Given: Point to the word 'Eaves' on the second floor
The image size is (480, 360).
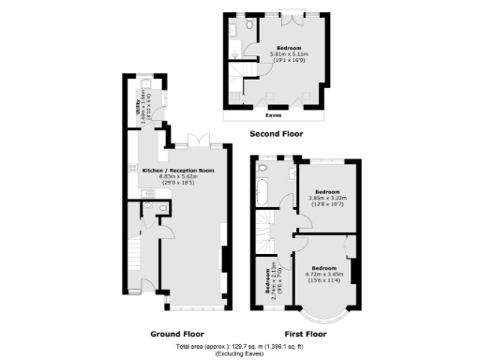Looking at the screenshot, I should point(275,116).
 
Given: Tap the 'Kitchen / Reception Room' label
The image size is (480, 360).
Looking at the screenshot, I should point(178,171).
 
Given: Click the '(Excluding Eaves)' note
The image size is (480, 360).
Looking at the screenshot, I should point(239,354).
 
